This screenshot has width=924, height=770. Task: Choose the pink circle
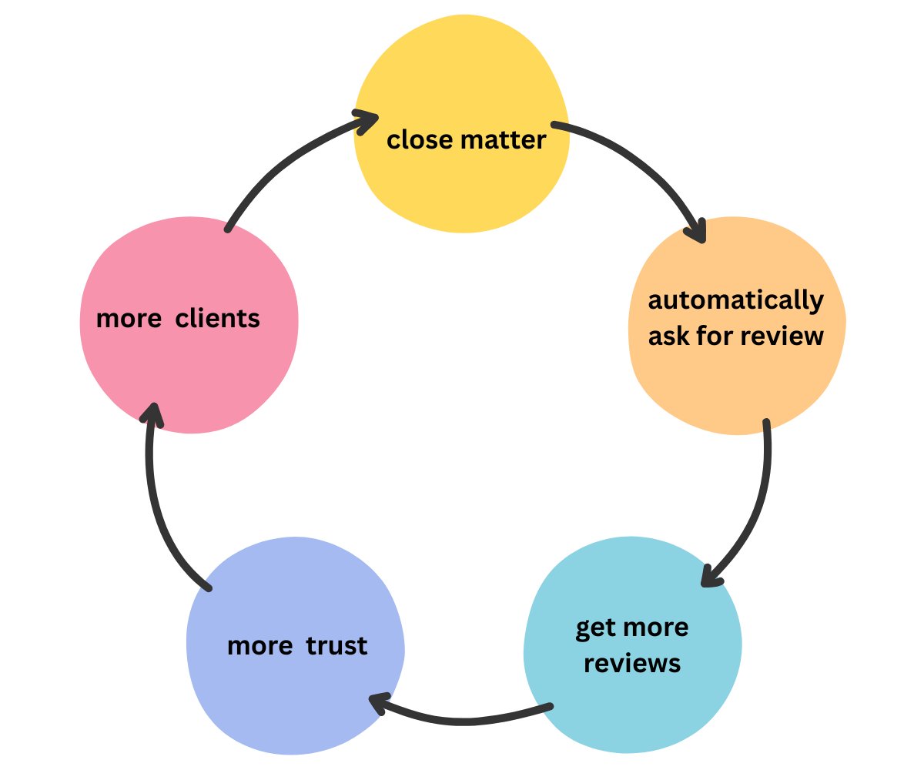189,377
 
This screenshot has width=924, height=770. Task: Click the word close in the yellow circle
420,140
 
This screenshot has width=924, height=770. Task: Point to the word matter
504,140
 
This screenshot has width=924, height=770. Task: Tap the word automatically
736,300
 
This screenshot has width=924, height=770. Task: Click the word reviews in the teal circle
632,663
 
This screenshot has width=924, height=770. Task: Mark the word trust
336,645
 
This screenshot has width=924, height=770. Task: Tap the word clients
218,318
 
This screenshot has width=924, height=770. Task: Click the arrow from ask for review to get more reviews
758,508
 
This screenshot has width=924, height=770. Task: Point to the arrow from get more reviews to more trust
462,721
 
